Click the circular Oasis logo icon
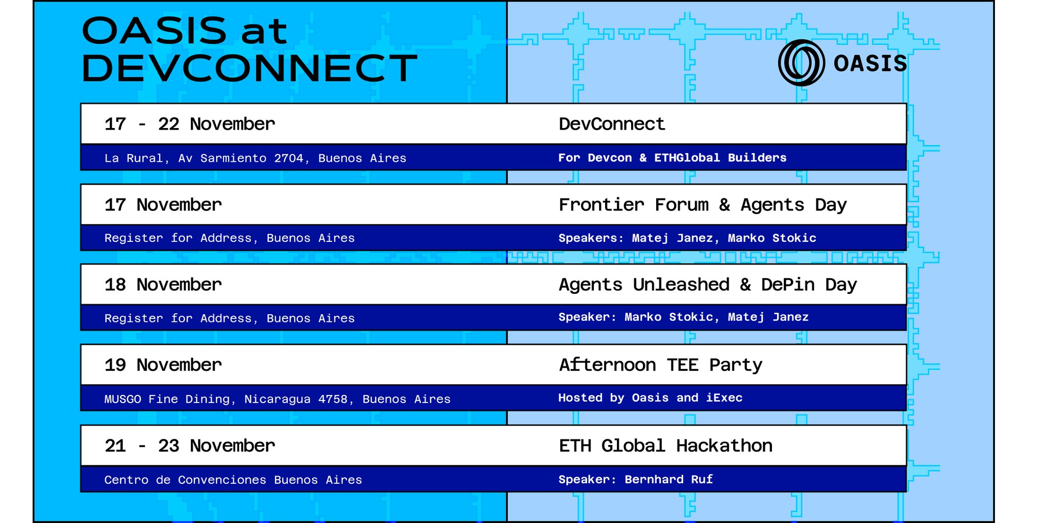(801, 63)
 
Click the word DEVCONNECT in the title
(250, 68)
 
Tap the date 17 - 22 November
(190, 124)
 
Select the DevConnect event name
(612, 124)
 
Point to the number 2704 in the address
(289, 158)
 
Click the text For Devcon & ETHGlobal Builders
(673, 158)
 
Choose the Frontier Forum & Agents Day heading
(703, 205)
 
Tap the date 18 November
(163, 285)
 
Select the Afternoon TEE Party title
(661, 365)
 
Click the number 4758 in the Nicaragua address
(333, 399)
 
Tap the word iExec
(724, 397)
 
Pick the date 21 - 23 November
(190, 446)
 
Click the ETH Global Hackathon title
(666, 446)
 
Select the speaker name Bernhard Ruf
(669, 480)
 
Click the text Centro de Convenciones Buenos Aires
(233, 480)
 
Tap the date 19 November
(163, 365)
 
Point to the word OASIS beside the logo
(870, 64)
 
